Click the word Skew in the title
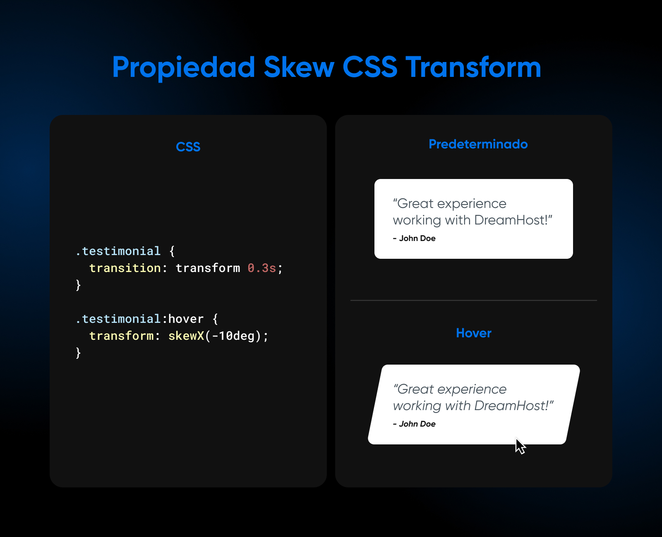tap(299, 67)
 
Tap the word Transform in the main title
tap(473, 67)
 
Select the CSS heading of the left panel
tap(188, 147)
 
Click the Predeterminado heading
tap(478, 144)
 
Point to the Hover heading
tap(473, 333)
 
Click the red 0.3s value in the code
tap(261, 268)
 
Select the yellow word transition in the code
tap(125, 268)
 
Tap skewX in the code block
tap(186, 336)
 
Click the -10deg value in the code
tap(233, 336)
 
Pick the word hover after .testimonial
tap(186, 319)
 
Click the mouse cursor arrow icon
tap(520, 446)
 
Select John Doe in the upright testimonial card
tap(417, 239)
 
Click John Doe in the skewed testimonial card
tap(417, 424)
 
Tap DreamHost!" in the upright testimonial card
tap(513, 220)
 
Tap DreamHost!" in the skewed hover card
tap(513, 406)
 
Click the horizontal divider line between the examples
tap(473, 301)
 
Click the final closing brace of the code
tap(78, 353)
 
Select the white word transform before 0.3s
tap(208, 268)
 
